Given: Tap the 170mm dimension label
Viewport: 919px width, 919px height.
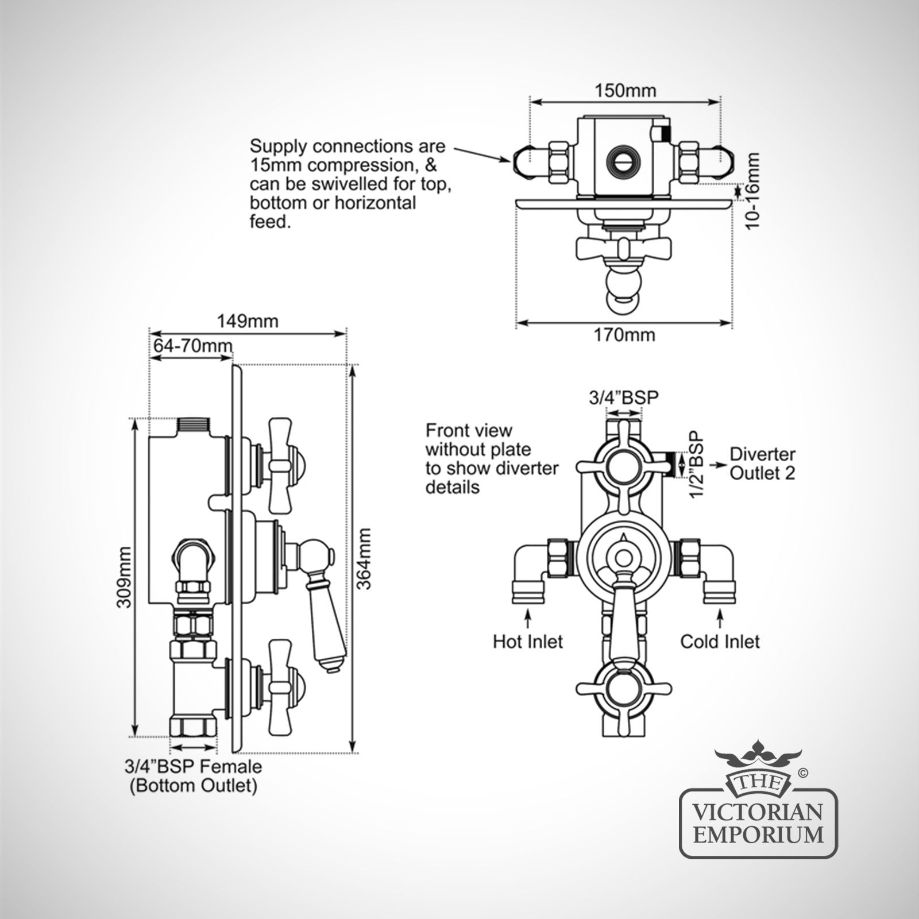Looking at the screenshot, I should [624, 334].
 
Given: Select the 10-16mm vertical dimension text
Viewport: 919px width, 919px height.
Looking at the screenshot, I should [753, 190].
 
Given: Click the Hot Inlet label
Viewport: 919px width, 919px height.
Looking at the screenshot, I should [528, 641].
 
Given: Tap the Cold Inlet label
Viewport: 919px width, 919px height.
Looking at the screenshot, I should [720, 641].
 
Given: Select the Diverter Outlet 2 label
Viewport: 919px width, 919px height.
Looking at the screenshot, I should [762, 464].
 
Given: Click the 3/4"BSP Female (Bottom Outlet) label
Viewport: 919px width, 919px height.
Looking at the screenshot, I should [193, 775].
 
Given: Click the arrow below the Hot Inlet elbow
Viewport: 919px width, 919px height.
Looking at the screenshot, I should [528, 617].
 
